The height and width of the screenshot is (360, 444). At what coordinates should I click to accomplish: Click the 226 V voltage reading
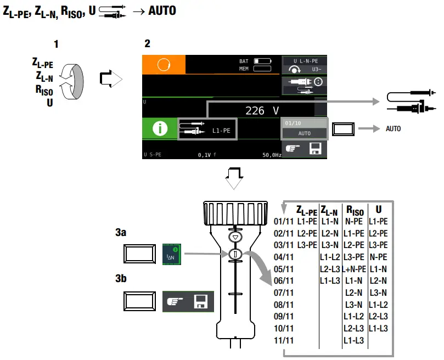point(262,110)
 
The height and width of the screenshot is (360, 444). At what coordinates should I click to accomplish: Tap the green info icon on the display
point(160,128)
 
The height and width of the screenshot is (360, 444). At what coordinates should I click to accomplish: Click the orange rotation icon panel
point(164,65)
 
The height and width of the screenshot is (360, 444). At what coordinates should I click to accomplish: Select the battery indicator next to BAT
point(262,61)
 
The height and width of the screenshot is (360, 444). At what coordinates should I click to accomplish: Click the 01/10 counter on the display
point(293,123)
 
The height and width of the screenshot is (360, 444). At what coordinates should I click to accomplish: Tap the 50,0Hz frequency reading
point(272,155)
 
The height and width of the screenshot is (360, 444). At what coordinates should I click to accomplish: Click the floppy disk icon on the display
point(315,148)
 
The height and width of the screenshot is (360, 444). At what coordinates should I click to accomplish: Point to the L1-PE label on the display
point(221,131)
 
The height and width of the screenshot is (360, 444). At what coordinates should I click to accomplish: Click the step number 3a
point(121,233)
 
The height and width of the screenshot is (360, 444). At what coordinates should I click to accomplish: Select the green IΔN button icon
point(172,254)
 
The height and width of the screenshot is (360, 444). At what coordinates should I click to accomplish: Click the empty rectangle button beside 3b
point(139,301)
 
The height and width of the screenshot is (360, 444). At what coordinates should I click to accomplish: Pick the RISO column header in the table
point(355,210)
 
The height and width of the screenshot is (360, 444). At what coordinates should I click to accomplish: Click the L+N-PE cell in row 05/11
point(354,269)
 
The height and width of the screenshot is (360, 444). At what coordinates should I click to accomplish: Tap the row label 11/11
point(283,340)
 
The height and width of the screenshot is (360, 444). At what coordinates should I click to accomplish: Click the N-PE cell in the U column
point(378,257)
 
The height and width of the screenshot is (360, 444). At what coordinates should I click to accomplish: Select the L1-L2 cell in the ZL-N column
point(330,257)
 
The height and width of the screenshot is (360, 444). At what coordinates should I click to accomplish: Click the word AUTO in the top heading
point(162,11)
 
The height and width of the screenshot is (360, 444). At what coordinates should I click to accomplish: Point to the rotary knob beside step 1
point(72,82)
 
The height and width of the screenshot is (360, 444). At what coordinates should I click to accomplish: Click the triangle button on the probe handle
point(235,237)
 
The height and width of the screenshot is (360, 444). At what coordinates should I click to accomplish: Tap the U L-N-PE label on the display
point(306,61)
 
